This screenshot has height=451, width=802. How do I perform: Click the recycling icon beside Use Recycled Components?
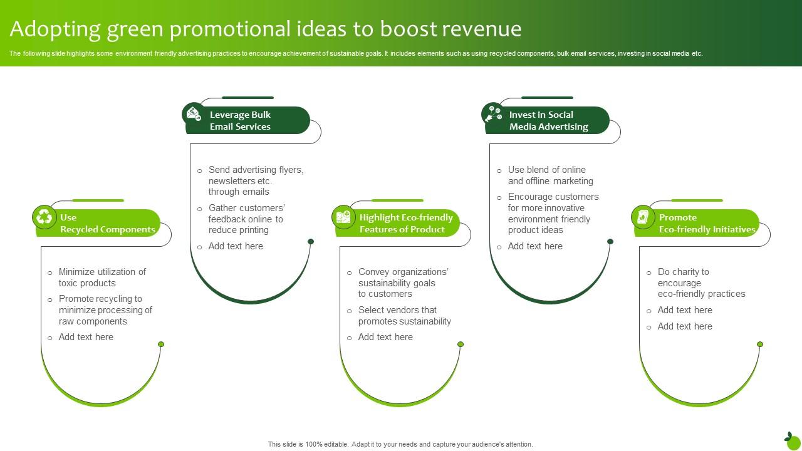[44, 217]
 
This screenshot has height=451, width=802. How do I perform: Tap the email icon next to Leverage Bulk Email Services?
[194, 114]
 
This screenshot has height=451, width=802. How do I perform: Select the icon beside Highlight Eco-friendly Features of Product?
[343, 217]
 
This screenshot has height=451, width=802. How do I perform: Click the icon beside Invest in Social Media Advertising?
[493, 114]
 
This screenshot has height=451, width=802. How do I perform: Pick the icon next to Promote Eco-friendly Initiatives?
[643, 217]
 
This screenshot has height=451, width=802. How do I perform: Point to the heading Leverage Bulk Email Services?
[240, 120]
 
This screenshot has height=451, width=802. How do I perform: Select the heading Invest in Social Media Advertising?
[548, 120]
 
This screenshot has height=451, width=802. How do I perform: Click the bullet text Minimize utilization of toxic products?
[102, 277]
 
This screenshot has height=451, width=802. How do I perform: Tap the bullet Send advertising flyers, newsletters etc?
[256, 180]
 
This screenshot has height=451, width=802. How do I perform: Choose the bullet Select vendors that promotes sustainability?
[404, 316]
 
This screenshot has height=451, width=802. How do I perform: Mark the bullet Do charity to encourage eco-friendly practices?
[701, 283]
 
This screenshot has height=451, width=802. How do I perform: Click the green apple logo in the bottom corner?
[792, 440]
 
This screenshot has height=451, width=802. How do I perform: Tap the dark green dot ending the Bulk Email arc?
[311, 241]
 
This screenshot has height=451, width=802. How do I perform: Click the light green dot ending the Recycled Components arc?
[161, 345]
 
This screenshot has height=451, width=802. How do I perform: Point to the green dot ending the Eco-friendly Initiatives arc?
[760, 345]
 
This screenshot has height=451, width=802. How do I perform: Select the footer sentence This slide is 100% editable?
[400, 444]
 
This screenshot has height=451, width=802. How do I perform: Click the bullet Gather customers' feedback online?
[246, 219]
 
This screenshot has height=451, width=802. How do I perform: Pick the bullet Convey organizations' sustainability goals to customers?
[403, 283]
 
